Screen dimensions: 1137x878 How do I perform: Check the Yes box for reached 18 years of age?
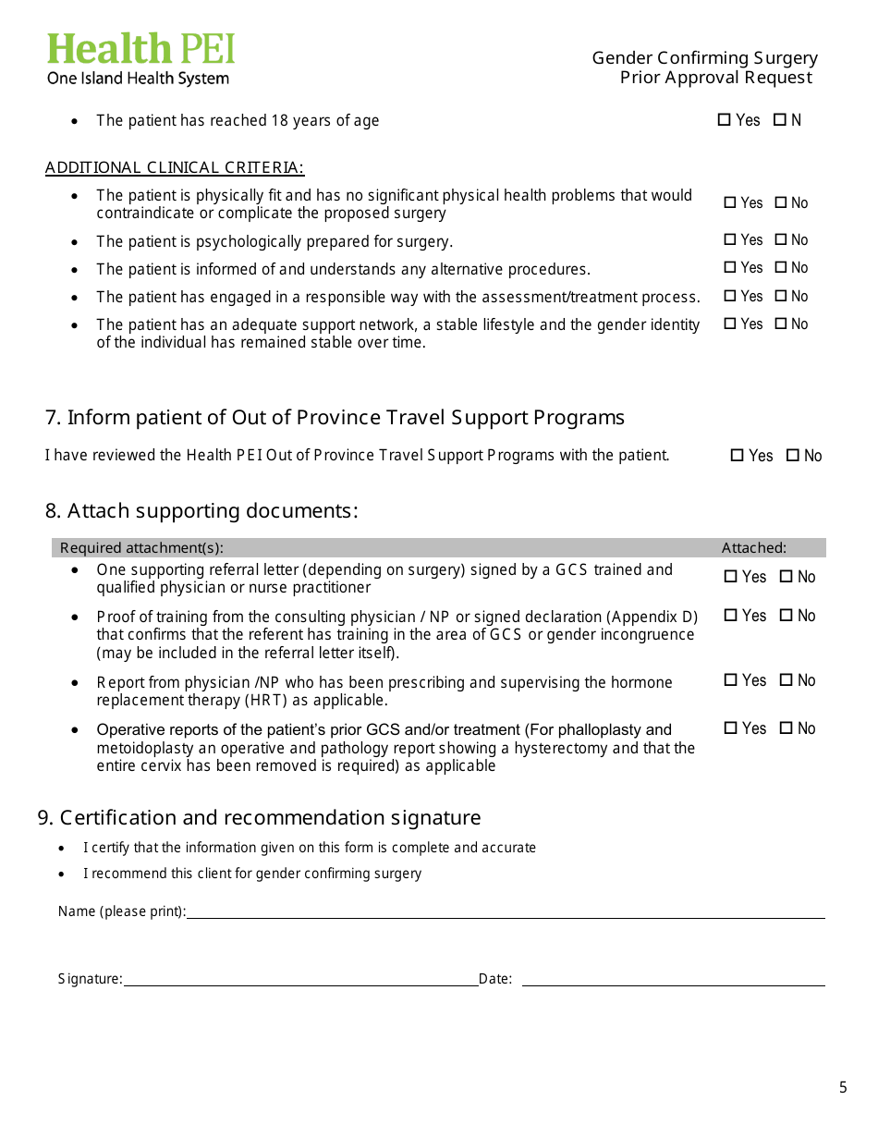point(725,120)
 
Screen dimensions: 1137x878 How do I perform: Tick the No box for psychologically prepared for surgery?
point(781,240)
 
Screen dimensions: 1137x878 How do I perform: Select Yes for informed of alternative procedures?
point(730,268)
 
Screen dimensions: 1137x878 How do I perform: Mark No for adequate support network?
point(781,324)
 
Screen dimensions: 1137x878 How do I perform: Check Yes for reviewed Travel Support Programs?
point(737,456)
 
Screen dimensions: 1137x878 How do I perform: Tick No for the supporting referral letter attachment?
point(787,577)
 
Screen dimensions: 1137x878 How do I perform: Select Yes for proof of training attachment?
point(731,616)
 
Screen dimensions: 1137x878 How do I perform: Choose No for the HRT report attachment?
point(787,680)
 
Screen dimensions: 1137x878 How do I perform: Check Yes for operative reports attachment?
point(731,728)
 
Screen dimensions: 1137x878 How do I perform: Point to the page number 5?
point(843,1088)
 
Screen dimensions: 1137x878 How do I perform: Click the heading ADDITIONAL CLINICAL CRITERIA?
point(175,168)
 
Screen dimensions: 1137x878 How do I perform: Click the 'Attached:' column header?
point(754,548)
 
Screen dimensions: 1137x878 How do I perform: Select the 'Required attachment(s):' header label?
point(141,548)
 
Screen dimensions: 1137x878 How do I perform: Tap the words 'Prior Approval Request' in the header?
point(716,78)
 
